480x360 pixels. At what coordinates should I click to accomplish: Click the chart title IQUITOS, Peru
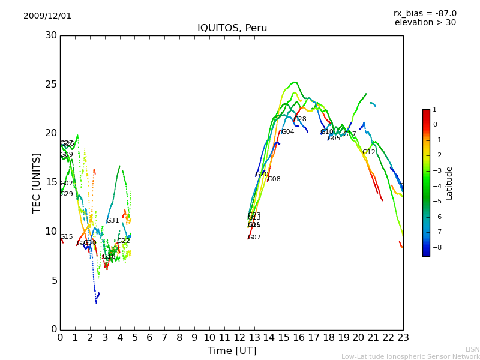[232, 28]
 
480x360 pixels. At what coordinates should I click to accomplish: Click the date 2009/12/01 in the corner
[47, 16]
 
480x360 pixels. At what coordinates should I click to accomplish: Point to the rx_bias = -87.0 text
[425, 13]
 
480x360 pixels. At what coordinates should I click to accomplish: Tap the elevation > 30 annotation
[425, 23]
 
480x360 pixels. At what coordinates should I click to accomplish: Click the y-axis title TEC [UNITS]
[37, 182]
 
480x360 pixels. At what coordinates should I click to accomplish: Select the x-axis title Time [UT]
[232, 350]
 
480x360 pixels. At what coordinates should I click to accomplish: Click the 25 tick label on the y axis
[51, 85]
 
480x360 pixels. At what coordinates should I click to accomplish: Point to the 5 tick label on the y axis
[54, 280]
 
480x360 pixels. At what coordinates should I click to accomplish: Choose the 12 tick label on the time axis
[239, 337]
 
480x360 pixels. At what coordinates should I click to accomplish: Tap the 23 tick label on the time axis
[403, 337]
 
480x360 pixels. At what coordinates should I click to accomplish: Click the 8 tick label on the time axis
[179, 337]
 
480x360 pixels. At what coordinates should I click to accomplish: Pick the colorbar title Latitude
[449, 183]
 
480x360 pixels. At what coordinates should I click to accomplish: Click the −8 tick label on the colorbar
[435, 247]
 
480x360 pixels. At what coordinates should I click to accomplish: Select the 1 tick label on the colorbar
[434, 110]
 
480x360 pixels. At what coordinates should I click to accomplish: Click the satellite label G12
[368, 152]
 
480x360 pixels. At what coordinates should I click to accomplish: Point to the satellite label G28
[299, 119]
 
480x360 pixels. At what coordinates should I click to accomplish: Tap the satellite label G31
[112, 221]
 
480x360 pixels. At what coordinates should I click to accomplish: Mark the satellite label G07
[254, 238]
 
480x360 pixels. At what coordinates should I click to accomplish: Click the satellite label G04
[287, 132]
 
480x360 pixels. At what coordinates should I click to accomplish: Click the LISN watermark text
[472, 349]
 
